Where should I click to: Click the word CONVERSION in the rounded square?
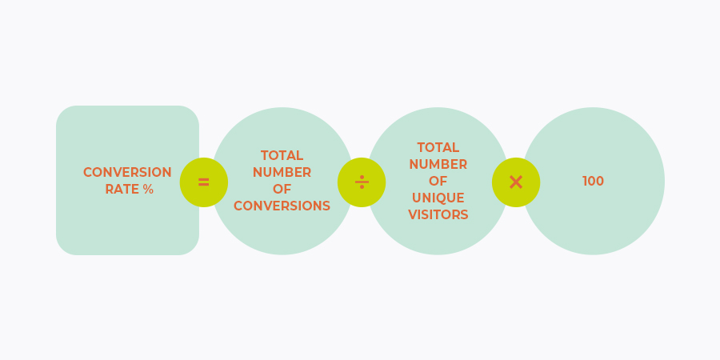point(127,172)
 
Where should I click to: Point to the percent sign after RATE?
point(148,189)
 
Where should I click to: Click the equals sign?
point(203,182)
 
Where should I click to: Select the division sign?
point(362,182)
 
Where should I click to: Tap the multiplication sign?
point(516,182)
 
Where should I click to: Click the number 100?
point(593,182)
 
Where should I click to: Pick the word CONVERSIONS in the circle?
point(282,206)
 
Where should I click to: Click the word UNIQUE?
point(438,198)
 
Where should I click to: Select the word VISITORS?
point(438,214)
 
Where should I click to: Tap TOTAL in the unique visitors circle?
point(438,147)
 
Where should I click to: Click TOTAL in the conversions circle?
point(282,155)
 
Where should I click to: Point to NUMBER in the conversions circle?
point(282,172)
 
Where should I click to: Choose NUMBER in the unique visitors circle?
point(438,164)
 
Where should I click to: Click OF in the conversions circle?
point(282,189)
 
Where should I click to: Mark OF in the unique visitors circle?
point(438,181)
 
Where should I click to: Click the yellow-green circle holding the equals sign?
point(204,182)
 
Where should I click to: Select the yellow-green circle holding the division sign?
point(362,182)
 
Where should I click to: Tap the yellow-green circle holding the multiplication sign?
point(516,182)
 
